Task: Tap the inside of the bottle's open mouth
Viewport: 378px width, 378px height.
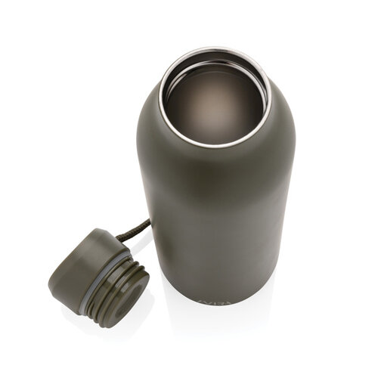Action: pyautogui.click(x=214, y=98)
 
